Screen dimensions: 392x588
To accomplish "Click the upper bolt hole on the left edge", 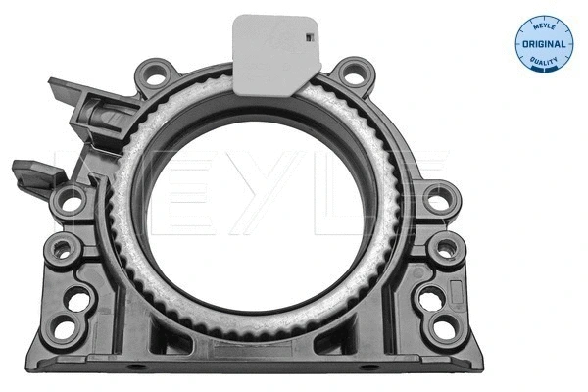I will tap(72, 203).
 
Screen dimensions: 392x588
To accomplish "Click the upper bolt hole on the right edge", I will tap(440, 198).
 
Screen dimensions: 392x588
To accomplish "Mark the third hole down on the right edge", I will tap(431, 296).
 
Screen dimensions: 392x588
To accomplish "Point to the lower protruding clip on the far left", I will tap(31, 175).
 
